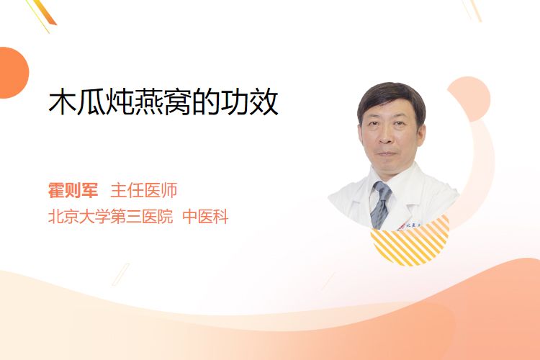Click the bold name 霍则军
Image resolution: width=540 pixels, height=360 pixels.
[x=73, y=190]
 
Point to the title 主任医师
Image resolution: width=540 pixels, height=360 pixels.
[x=143, y=190]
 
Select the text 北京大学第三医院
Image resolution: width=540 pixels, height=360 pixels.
[x=110, y=217]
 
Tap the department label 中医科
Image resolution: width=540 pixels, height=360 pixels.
[x=205, y=217]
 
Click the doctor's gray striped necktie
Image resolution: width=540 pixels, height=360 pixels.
[x=380, y=205]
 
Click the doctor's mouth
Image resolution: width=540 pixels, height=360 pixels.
[x=387, y=153]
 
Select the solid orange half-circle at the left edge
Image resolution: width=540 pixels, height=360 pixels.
[x=13, y=73]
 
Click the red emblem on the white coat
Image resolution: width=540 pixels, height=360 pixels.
[x=401, y=226]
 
